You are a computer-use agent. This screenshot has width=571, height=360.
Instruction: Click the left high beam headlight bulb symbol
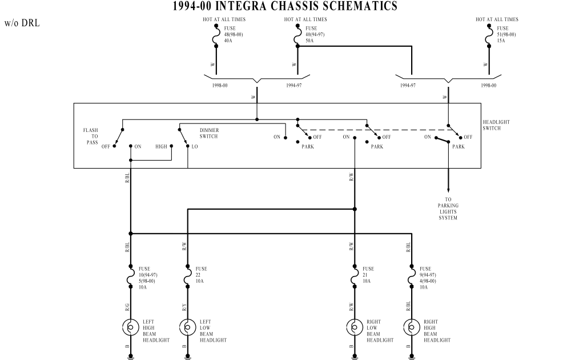pyautogui.click(x=130, y=327)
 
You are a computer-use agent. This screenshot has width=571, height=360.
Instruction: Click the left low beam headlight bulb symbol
pyautogui.click(x=187, y=327)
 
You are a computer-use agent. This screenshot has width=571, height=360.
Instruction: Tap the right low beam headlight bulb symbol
pyautogui.click(x=355, y=327)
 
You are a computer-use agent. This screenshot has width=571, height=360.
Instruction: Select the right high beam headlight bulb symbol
pyautogui.click(x=412, y=327)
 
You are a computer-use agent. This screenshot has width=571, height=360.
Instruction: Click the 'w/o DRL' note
pyautogui.click(x=22, y=23)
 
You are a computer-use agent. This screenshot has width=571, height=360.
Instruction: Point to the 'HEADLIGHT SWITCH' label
pyautogui.click(x=496, y=125)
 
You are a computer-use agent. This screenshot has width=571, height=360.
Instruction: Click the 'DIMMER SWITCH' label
pyautogui.click(x=209, y=133)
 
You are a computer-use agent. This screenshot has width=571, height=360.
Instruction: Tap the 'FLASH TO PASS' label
pyautogui.click(x=91, y=136)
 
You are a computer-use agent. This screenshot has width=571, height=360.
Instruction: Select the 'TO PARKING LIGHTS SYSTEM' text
pyautogui.click(x=448, y=209)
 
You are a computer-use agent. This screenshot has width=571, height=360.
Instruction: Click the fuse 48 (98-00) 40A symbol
pyautogui.click(x=217, y=35)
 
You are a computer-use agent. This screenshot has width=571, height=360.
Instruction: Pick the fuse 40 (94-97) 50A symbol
pyautogui.click(x=298, y=35)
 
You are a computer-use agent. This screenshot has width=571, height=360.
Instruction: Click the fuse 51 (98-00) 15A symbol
pyautogui.click(x=489, y=35)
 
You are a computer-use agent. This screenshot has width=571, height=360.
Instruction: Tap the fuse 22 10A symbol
pyautogui.click(x=187, y=277)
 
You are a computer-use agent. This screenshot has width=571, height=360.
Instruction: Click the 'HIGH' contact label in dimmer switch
pyautogui.click(x=162, y=146)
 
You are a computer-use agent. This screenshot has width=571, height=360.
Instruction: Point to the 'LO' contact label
pyautogui.click(x=195, y=146)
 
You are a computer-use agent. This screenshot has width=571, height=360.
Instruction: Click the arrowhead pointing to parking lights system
pyautogui.click(x=448, y=190)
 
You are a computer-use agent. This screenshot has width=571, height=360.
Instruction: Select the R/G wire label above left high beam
pyautogui.click(x=127, y=307)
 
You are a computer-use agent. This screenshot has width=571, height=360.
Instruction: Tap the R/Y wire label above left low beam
pyautogui.click(x=184, y=307)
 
